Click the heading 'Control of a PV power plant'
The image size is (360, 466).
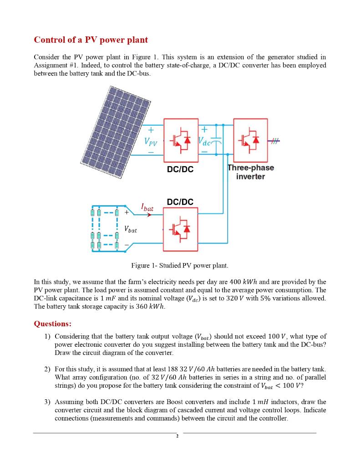click(x=91, y=40)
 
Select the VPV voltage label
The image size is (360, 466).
click(x=151, y=141)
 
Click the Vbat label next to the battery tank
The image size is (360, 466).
click(x=131, y=230)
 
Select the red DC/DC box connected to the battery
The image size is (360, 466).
click(x=181, y=229)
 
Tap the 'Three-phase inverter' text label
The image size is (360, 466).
click(x=251, y=172)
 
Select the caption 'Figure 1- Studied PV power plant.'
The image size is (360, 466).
click(x=179, y=265)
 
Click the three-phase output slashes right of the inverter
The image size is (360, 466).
click(x=273, y=142)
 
